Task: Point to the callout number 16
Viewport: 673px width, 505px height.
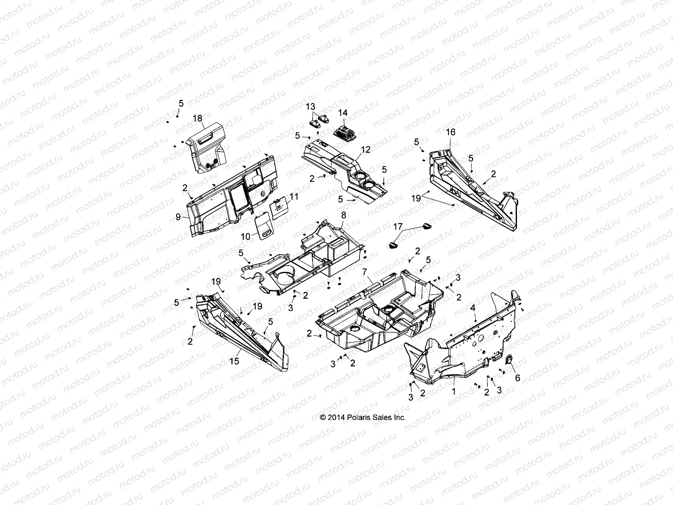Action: click(450, 132)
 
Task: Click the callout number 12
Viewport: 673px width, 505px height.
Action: click(366, 149)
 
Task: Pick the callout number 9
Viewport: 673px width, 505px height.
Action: click(178, 217)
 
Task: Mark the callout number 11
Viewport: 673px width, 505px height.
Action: click(294, 197)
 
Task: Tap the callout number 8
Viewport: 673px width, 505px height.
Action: click(344, 215)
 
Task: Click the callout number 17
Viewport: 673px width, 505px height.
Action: click(398, 227)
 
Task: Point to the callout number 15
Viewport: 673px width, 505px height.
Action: click(234, 361)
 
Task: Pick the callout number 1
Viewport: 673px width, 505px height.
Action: click(453, 391)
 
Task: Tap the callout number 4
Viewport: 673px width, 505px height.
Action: click(473, 308)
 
